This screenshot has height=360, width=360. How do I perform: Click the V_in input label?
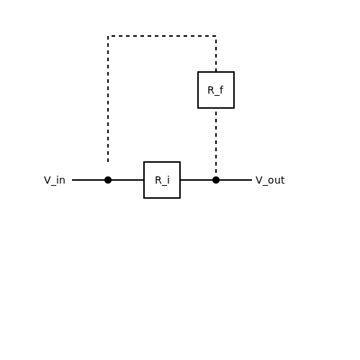(x=55, y=180)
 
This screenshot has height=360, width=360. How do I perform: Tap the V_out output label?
(x=270, y=180)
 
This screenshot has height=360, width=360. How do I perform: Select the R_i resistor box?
(x=162, y=180)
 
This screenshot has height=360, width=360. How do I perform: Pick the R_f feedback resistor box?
(x=216, y=90)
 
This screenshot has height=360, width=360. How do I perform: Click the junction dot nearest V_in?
(x=108, y=180)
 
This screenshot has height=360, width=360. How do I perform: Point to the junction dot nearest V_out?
(x=216, y=180)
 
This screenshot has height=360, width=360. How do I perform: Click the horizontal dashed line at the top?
(x=162, y=36)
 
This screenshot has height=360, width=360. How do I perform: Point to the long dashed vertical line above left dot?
(x=108, y=99)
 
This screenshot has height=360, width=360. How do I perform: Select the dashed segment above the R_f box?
(x=216, y=54)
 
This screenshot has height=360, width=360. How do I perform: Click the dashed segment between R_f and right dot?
(x=216, y=143)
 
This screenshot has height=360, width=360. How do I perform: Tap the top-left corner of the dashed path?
(x=108, y=36)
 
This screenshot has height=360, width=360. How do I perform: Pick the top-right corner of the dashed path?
(x=216, y=36)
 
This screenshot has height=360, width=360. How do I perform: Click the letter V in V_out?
(x=258, y=180)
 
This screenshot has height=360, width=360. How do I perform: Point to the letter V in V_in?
(x=48, y=180)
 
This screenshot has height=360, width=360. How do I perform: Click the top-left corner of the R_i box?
(x=144, y=162)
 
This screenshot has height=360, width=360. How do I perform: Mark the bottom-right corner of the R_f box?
(x=234, y=108)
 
